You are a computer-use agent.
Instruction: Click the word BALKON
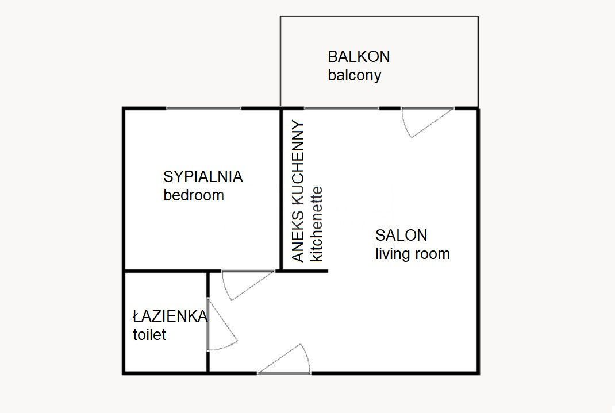click(359, 57)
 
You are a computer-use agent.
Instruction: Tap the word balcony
click(354, 75)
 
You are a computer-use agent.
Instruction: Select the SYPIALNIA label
click(203, 177)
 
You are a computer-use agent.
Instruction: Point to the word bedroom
click(194, 195)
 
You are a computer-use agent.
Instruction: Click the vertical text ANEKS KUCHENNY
click(298, 191)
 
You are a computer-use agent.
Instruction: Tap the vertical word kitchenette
click(317, 224)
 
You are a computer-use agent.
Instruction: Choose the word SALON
click(401, 235)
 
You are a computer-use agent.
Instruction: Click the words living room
click(413, 254)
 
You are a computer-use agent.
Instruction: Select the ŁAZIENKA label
click(170, 316)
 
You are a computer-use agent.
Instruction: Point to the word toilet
click(149, 335)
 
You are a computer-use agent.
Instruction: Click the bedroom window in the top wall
click(203, 108)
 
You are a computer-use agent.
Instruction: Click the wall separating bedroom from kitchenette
click(281, 190)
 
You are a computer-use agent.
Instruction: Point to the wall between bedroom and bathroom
click(167, 271)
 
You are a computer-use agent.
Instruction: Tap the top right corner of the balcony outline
click(478, 17)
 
